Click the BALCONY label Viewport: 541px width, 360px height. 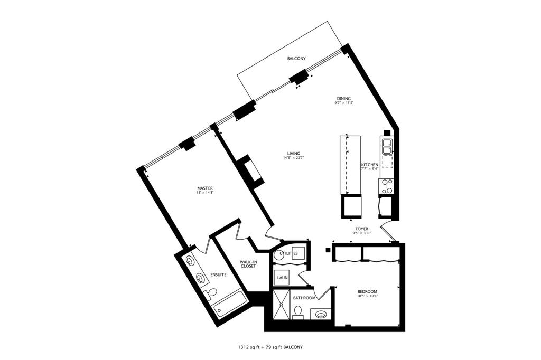pos(296,59)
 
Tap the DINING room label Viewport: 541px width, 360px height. pos(343,98)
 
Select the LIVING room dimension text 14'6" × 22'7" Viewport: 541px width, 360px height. pos(294,158)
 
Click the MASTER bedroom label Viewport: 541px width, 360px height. pos(204,188)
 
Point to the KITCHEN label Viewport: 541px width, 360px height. pos(369,165)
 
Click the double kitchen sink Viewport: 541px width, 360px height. pos(387,146)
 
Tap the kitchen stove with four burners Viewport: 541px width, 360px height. pos(387,186)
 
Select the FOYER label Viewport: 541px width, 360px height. pos(361,229)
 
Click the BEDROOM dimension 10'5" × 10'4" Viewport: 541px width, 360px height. pos(368,296)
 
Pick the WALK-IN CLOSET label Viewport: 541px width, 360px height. pos(248,264)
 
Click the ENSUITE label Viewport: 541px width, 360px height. pos(218,275)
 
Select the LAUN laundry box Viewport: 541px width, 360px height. pos(281,277)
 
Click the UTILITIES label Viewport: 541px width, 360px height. pos(289,253)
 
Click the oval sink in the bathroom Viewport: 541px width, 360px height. pos(321,315)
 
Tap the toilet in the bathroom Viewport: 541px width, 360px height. pos(297,313)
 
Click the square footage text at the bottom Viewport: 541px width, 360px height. pos(270,347)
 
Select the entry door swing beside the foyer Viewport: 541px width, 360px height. pos(387,232)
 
